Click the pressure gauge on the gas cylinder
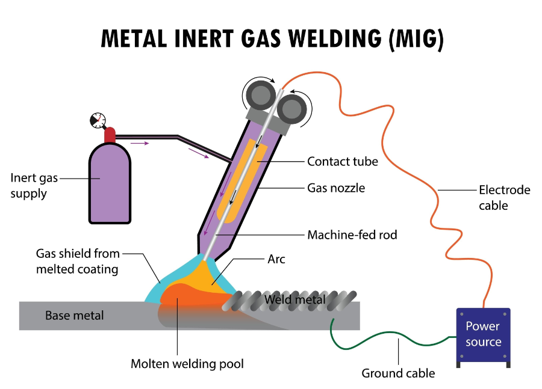click(x=96, y=120)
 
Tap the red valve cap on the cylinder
click(x=110, y=135)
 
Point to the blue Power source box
click(x=483, y=334)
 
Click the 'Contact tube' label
click(x=342, y=161)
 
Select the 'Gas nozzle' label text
click(x=336, y=188)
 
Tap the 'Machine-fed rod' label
click(x=352, y=235)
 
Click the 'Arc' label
click(x=276, y=259)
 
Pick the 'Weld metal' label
click(x=295, y=299)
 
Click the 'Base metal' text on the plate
click(x=75, y=315)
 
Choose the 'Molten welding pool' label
click(x=187, y=364)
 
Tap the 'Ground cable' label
click(x=397, y=373)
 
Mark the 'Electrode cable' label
click(x=504, y=198)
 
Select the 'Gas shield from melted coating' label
click(x=78, y=261)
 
